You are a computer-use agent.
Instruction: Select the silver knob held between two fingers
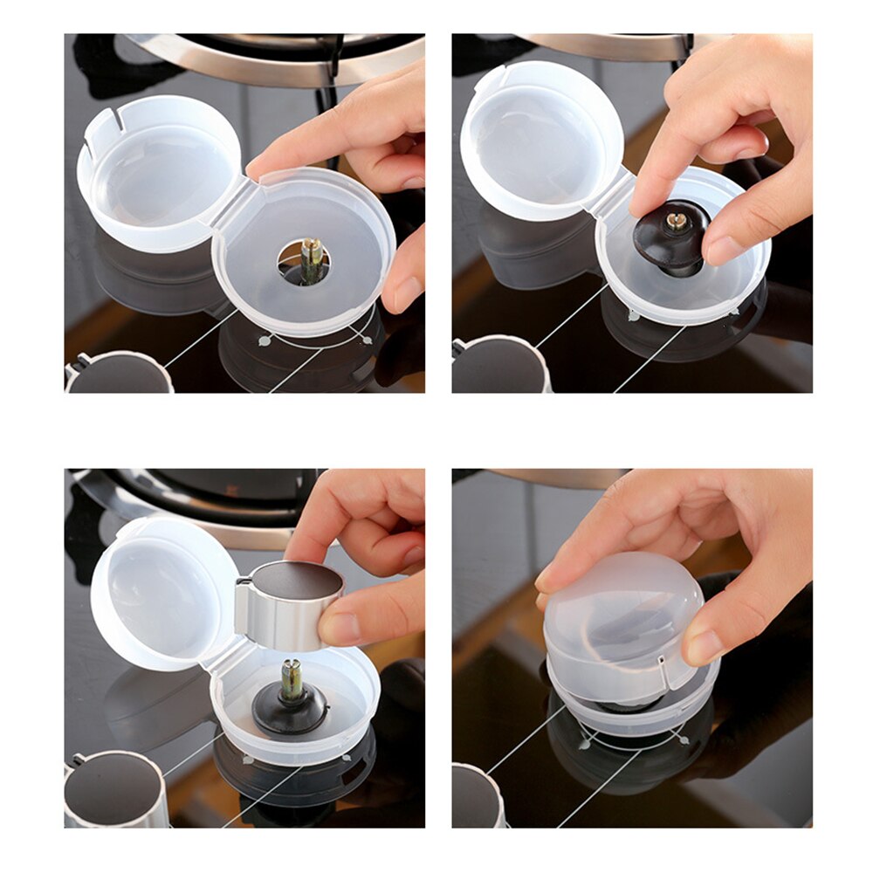pos(290,606)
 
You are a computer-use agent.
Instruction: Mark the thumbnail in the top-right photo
pos(724,251)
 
